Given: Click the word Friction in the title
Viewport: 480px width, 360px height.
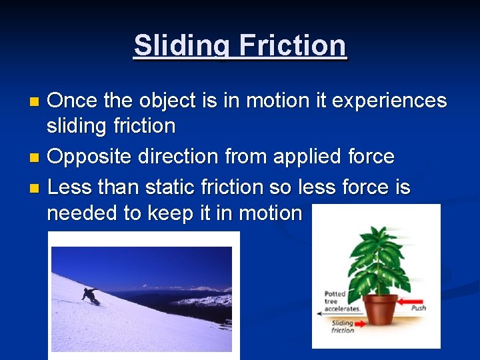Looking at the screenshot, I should pyautogui.click(x=293, y=46).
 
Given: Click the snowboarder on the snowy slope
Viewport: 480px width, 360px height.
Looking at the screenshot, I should pyautogui.click(x=91, y=295).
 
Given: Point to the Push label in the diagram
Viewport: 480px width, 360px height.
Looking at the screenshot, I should pyautogui.click(x=419, y=309).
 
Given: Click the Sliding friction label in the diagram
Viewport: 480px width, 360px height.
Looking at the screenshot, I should pyautogui.click(x=343, y=327).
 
